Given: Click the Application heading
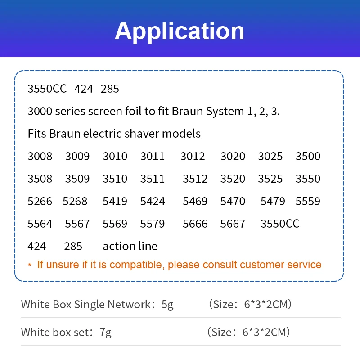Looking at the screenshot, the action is [180, 31].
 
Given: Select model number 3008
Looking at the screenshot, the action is [40, 156].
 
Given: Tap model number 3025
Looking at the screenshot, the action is [270, 156].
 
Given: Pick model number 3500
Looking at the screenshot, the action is [308, 156].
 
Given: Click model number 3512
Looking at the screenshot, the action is [195, 179].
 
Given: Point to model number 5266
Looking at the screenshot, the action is [40, 201].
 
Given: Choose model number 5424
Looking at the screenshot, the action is [153, 201].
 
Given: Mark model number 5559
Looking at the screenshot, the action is [308, 201].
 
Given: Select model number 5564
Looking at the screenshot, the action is [40, 224].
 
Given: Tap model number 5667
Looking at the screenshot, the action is [233, 224].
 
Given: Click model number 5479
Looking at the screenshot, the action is [273, 201].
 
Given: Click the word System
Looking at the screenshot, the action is [225, 112].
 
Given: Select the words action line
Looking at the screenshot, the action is [130, 246].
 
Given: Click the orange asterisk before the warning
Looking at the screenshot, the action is [30, 265].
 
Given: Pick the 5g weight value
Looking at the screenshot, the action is [167, 305].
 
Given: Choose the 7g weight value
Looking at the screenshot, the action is [106, 333].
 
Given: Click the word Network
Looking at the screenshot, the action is [129, 305].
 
